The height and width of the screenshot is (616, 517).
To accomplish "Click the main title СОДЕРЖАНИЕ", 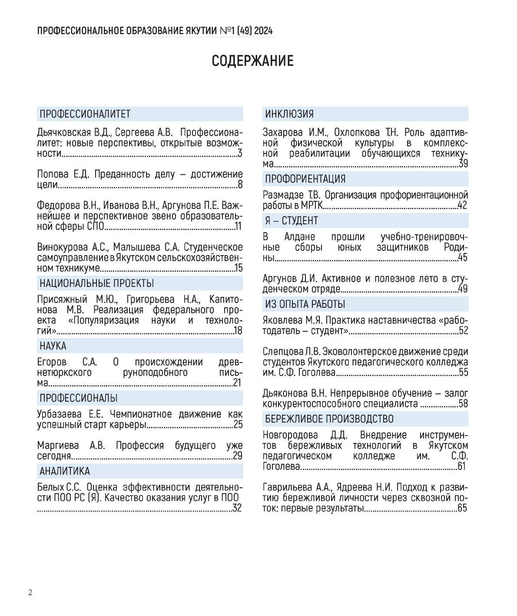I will coord(252,60).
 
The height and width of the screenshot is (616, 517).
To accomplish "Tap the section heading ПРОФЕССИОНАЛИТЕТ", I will coord(85,114).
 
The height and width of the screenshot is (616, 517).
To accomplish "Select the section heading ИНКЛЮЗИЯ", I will coord(289,114).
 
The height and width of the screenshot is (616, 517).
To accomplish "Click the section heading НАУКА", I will coord(53,346).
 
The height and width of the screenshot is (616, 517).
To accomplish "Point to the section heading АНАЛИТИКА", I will coord(65,471).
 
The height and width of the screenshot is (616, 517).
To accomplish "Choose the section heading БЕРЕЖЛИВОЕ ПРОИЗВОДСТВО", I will coord(329,419).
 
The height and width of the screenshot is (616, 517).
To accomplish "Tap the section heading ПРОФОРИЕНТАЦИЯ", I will coord(305,179).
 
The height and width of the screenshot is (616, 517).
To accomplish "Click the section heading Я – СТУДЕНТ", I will coord(292,221).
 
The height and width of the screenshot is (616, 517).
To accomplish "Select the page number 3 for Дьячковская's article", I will coord(240,153).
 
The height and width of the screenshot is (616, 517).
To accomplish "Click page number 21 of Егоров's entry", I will coord(237,383).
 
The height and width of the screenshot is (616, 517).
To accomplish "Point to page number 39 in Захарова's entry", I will coord(463,164).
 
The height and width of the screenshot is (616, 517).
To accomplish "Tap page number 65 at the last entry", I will coord(462,508).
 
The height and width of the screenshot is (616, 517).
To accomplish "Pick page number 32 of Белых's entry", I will coord(237,508).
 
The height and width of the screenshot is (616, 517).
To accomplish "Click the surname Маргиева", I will coord(58,446).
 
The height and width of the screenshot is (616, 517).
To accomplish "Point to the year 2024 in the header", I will coord(264,31).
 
